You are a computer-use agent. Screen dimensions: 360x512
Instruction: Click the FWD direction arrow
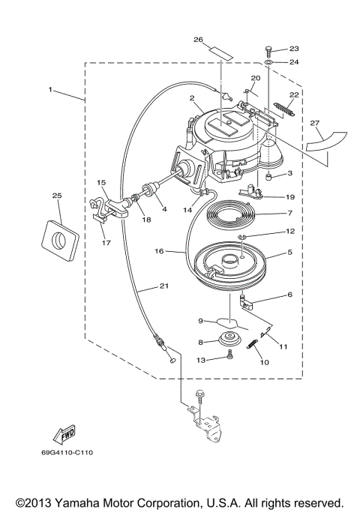pyautogui.click(x=64, y=435)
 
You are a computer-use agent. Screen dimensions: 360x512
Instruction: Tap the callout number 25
pyautogui.click(x=57, y=196)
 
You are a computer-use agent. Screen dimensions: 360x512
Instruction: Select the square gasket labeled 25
pyautogui.click(x=60, y=241)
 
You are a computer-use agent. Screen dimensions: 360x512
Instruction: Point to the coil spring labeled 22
pyautogui.click(x=284, y=109)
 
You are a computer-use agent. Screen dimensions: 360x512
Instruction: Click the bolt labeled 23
pyautogui.click(x=268, y=52)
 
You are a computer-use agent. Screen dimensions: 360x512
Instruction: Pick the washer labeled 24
pyautogui.click(x=268, y=61)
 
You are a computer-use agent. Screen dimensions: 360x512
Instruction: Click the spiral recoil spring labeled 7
pyautogui.click(x=231, y=215)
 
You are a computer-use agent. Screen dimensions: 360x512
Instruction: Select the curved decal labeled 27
pyautogui.click(x=326, y=141)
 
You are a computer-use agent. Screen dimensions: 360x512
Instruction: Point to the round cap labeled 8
pyautogui.click(x=230, y=339)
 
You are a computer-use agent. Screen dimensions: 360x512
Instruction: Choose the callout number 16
pyautogui.click(x=159, y=251)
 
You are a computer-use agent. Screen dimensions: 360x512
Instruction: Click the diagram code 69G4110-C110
pyautogui.click(x=67, y=453)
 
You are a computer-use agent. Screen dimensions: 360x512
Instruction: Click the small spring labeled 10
pyautogui.click(x=252, y=344)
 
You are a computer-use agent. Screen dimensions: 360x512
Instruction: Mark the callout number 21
pyautogui.click(x=164, y=286)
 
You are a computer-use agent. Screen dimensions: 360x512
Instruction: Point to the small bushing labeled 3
pyautogui.click(x=269, y=178)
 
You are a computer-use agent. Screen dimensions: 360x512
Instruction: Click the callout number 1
pyautogui.click(x=50, y=89)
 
